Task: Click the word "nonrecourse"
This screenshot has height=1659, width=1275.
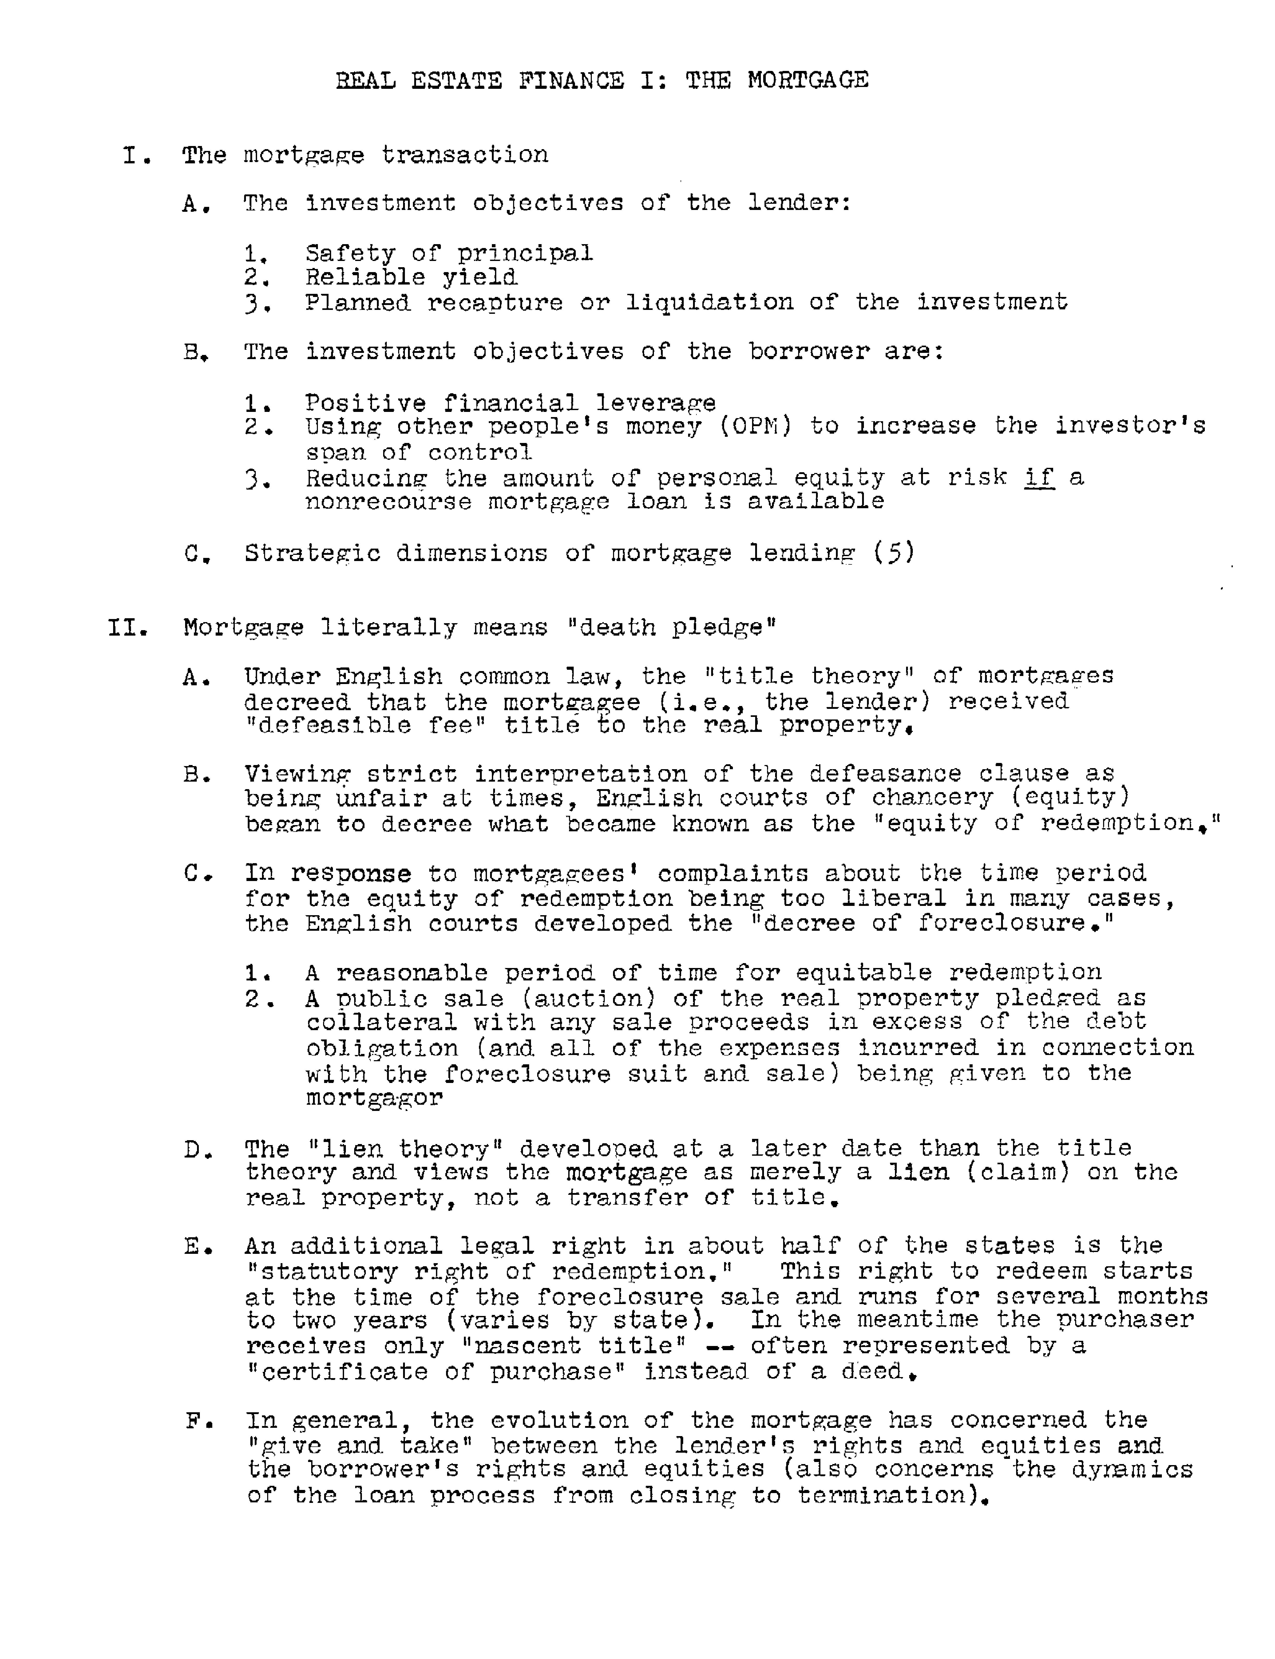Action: coord(388,503)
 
